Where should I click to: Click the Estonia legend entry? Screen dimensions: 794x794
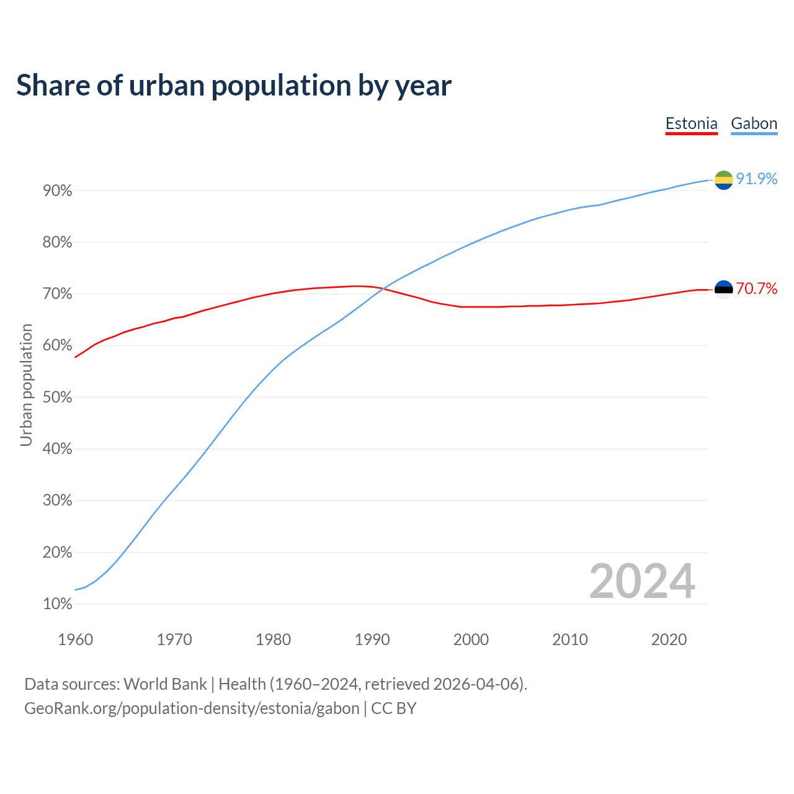[691, 123]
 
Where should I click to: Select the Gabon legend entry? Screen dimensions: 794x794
[754, 123]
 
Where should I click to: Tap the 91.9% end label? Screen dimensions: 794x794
[756, 179]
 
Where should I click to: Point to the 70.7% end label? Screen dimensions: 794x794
[756, 288]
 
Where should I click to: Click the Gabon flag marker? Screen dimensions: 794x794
[723, 180]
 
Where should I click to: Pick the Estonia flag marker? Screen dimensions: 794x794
[723, 289]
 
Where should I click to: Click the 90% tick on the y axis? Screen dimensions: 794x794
[58, 191]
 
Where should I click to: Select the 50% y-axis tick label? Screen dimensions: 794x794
[58, 398]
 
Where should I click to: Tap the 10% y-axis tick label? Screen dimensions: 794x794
[58, 604]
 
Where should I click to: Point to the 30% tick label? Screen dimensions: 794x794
[58, 501]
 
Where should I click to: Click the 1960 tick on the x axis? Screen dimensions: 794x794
[75, 640]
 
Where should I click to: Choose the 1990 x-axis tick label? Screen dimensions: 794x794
[372, 640]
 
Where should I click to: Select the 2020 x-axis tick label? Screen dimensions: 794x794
[669, 640]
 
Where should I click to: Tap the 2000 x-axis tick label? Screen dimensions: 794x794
[471, 640]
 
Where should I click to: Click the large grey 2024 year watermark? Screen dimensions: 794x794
[642, 581]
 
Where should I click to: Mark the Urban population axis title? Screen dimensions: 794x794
[26, 385]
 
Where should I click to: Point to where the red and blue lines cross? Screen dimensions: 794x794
[385, 288]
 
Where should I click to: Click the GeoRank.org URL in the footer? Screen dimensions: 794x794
[192, 708]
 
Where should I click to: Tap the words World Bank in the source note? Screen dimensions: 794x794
[165, 684]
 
